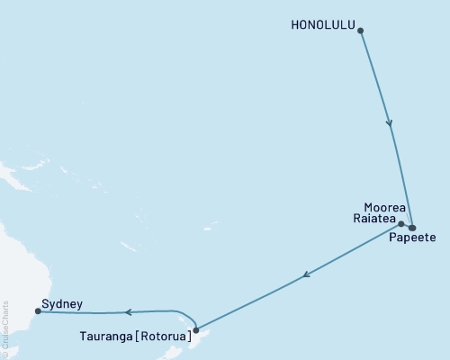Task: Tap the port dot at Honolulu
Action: (x=361, y=31)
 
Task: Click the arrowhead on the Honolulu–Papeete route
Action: (x=390, y=124)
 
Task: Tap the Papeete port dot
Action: (x=412, y=228)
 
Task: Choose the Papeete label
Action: (x=412, y=239)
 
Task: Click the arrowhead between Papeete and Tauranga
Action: (x=307, y=275)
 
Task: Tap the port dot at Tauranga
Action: (x=195, y=330)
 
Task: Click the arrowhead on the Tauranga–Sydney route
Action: (x=128, y=312)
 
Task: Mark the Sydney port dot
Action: (x=37, y=312)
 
